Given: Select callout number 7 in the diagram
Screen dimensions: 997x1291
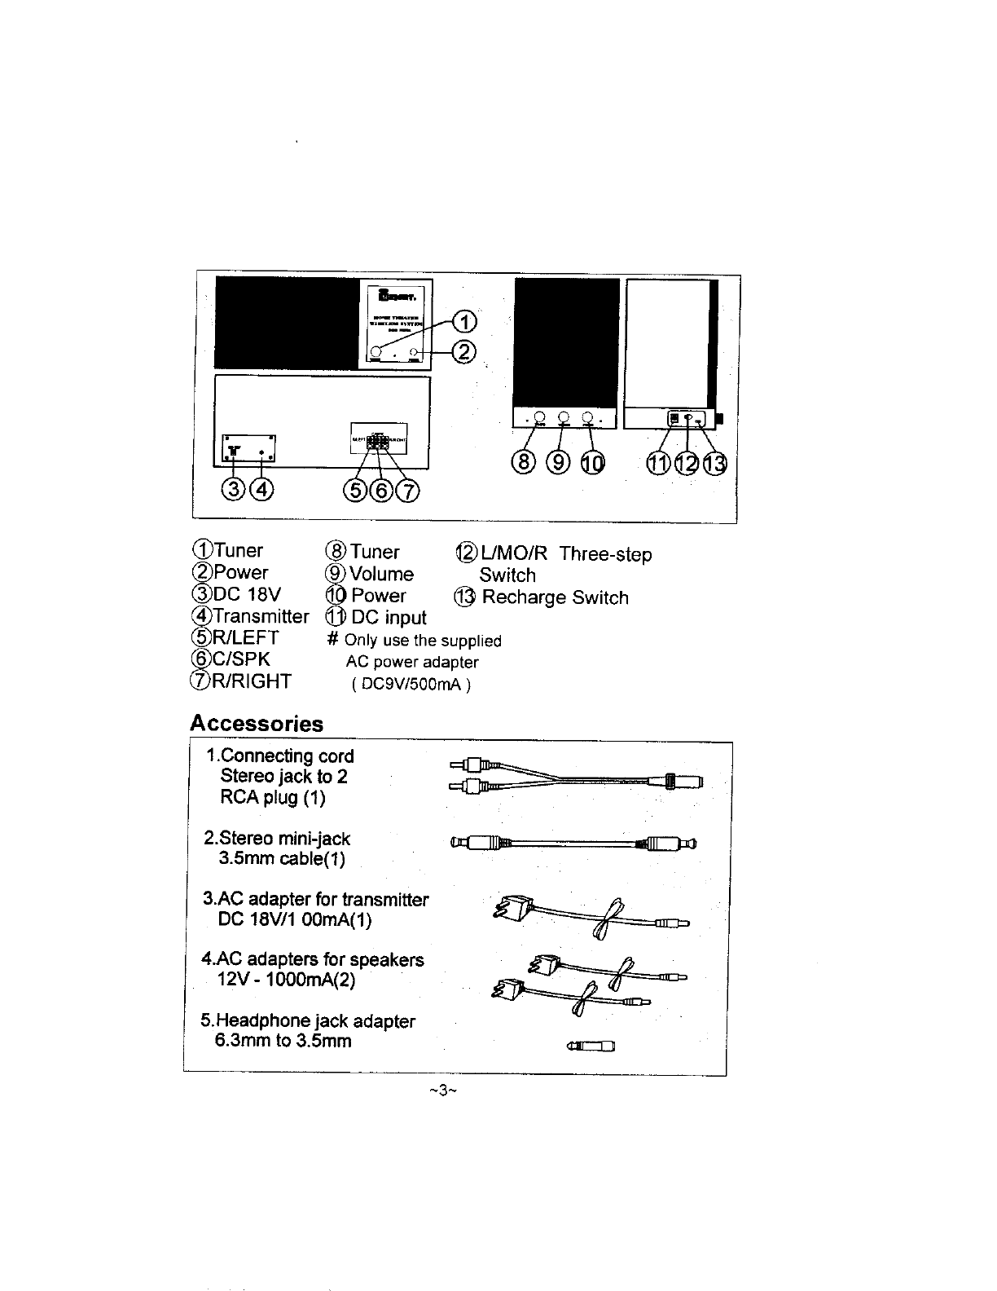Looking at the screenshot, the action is [408, 491].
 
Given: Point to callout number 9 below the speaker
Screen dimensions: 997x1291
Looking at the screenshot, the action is [558, 464].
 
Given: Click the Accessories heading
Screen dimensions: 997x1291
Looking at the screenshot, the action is [256, 724].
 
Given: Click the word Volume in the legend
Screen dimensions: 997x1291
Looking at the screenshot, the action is [381, 574].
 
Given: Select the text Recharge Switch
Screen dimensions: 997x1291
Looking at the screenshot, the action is [555, 597].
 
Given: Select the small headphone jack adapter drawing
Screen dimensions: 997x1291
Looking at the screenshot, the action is [591, 1047].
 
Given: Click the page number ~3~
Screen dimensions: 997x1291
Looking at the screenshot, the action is [439, 1091].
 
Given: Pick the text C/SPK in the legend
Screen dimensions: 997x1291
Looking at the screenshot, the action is [239, 659].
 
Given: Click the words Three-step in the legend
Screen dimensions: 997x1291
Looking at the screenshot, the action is [605, 555].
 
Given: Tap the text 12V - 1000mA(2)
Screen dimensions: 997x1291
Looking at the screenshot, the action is [287, 980].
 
